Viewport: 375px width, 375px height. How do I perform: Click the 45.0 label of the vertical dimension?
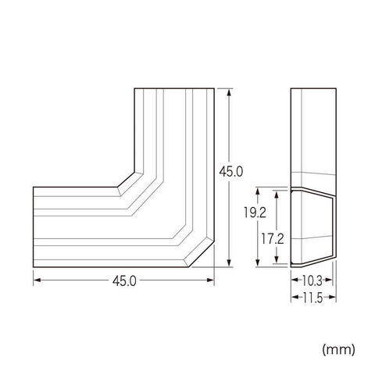coord(231,172)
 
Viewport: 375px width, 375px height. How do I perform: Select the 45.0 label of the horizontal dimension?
coord(124,281)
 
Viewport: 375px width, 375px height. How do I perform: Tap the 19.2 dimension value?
coord(255,212)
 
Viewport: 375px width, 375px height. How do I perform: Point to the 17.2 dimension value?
coord(273,239)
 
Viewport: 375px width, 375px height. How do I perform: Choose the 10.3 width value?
coord(312,280)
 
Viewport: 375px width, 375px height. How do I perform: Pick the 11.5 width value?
coord(312,298)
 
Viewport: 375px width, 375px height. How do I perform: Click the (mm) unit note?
coord(338,350)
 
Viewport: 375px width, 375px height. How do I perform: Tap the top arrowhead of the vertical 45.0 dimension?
coord(229,93)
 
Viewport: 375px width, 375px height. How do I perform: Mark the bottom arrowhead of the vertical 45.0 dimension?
coord(229,262)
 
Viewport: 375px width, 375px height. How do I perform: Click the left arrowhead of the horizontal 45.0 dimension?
coord(37,280)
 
